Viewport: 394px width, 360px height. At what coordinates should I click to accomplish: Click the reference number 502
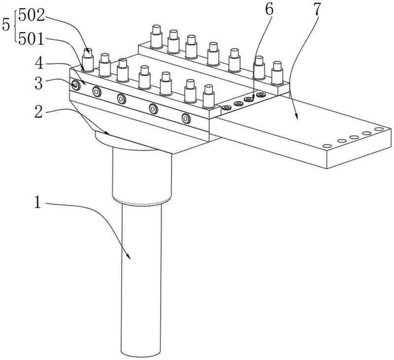tap(32, 16)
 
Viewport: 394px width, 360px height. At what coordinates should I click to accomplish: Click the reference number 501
tap(32, 39)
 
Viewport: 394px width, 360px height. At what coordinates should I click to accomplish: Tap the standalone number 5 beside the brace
tap(6, 25)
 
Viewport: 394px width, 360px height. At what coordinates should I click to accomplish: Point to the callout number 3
tap(39, 83)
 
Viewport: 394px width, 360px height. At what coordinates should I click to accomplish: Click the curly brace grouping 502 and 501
tap(16, 26)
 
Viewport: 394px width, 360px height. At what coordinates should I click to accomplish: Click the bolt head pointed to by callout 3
tap(75, 85)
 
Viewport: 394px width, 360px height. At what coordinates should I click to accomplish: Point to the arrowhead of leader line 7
tap(297, 116)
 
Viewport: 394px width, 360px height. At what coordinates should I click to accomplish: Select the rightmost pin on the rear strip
tap(277, 73)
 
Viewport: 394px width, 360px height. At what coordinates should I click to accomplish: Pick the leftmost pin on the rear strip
tap(156, 36)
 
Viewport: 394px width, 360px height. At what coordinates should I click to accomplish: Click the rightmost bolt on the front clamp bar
tap(186, 118)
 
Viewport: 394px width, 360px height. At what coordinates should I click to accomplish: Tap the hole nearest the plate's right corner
tap(379, 129)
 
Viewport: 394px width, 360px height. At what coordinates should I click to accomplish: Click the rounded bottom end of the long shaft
tap(141, 354)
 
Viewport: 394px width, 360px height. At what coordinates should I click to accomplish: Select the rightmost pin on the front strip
tap(208, 97)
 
